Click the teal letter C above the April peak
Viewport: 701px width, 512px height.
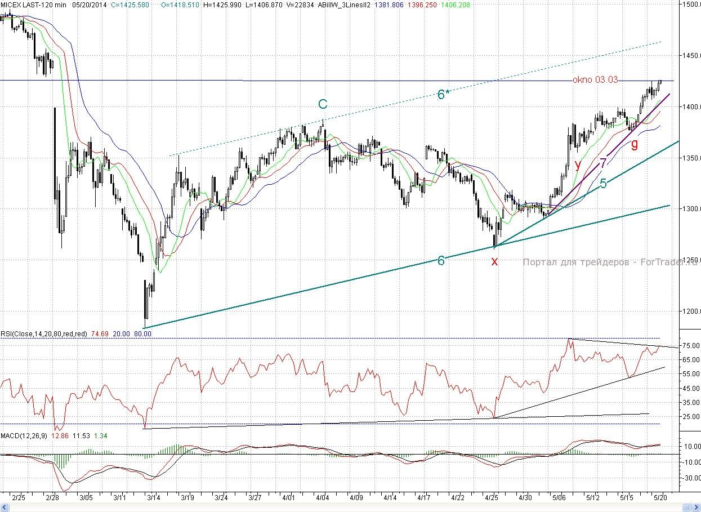[323, 104]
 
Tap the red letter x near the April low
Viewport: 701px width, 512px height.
[494, 261]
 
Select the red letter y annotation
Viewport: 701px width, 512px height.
[578, 164]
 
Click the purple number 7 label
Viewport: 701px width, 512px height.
[603, 163]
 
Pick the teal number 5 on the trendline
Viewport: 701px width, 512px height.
[603, 183]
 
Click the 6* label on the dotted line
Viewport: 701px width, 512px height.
[443, 95]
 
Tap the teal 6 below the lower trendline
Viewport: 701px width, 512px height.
[441, 260]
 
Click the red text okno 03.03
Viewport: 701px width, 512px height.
[595, 80]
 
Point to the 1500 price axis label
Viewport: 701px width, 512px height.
[691, 5]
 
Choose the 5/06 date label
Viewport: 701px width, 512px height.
[559, 498]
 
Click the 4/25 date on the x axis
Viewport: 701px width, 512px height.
[492, 498]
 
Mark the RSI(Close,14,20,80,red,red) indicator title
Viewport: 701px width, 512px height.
[43, 334]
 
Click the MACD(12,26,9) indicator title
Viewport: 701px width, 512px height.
[24, 437]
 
